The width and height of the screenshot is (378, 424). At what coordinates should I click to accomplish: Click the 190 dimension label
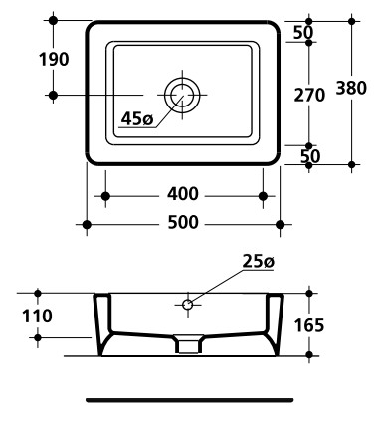click(x=54, y=60)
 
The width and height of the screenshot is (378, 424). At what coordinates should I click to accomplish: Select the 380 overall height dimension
click(x=351, y=88)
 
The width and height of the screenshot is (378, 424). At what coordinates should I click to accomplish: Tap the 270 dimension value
click(x=309, y=96)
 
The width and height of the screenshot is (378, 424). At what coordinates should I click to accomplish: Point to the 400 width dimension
click(x=183, y=194)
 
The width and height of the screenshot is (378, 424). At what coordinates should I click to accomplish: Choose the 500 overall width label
click(x=183, y=222)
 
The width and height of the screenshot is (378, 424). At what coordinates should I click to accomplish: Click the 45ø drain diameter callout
click(x=137, y=118)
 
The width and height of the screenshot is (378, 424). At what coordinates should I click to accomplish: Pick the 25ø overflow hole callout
click(x=259, y=262)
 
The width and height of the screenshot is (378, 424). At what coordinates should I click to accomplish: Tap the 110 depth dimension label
click(x=37, y=316)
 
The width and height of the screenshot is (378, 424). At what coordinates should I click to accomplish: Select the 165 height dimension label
click(x=309, y=325)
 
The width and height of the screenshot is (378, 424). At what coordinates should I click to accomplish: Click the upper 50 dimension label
click(x=303, y=33)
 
